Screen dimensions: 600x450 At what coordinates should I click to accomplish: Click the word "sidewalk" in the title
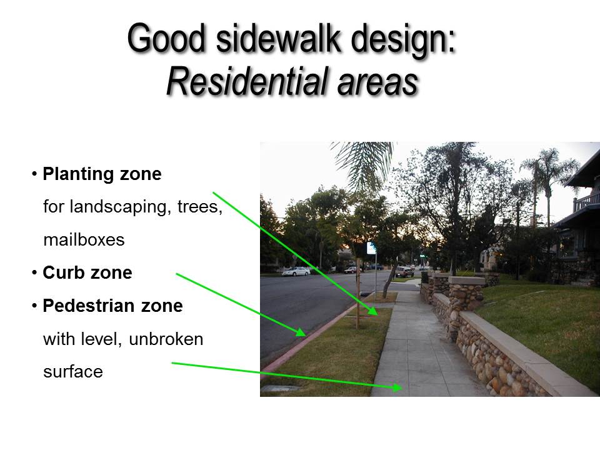[279, 38]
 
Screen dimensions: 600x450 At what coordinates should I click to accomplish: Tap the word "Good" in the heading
[166, 38]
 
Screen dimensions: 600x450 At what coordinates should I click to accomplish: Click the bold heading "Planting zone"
[102, 174]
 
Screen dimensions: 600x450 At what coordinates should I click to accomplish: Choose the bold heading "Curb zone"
[87, 273]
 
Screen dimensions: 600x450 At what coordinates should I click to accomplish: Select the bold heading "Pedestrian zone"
[113, 306]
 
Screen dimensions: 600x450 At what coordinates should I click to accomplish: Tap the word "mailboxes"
[84, 240]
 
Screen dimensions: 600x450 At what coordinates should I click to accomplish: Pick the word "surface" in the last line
[73, 372]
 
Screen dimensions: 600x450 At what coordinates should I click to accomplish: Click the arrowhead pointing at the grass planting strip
[372, 311]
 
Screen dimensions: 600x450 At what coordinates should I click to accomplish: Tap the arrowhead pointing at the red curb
[301, 331]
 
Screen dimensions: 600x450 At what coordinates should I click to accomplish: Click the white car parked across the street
[296, 271]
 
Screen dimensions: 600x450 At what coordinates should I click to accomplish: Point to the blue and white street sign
[371, 248]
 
